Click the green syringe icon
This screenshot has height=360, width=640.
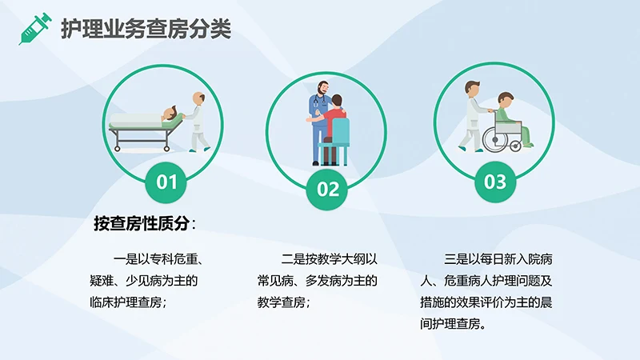[x=34, y=29]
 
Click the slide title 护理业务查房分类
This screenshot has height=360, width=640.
[x=146, y=30]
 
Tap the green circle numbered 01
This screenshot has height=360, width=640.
[x=166, y=182]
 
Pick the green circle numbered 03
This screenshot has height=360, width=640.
[x=495, y=182]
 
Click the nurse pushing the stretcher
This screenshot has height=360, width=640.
[x=197, y=121]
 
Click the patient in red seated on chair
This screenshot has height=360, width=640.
[x=337, y=117]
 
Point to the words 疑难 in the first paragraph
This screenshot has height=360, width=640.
[x=105, y=282]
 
